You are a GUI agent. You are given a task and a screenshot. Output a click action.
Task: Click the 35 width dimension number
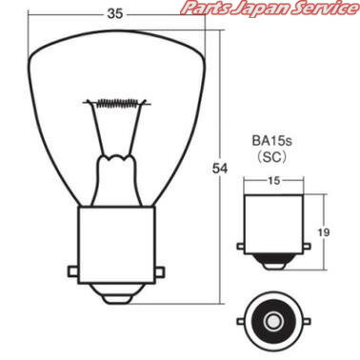point(115,13)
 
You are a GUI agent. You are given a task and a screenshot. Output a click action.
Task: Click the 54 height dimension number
point(220,169)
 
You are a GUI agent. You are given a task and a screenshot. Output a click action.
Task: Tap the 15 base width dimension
point(273,181)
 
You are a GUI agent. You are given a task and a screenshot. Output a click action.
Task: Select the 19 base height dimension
point(324,232)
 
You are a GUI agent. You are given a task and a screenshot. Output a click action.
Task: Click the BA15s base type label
point(272,141)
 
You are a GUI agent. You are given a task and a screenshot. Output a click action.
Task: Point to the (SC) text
point(272,157)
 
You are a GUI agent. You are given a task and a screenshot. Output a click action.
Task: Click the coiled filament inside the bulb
point(117,102)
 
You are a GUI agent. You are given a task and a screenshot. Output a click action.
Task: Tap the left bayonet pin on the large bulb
point(73,271)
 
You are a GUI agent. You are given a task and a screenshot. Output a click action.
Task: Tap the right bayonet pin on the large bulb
point(160,271)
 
